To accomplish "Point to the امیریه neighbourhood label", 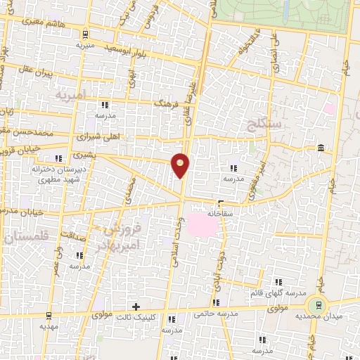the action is point(70,94).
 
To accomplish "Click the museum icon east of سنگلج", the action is point(321,148).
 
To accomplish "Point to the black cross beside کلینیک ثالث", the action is point(136,307).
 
